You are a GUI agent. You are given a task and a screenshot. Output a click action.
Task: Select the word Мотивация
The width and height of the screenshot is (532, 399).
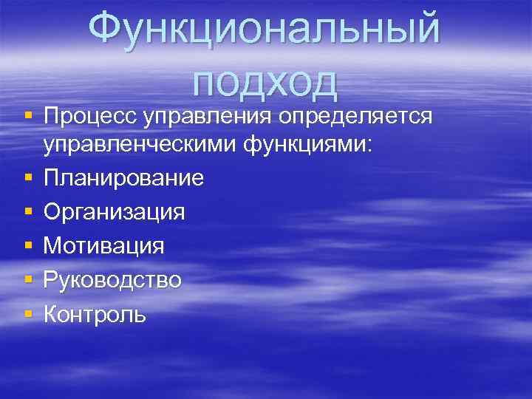coord(104,246)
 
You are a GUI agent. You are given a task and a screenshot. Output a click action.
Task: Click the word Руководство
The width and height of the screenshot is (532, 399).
coord(112,280)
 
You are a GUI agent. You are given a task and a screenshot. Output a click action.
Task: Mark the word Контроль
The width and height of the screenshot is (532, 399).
coord(95,314)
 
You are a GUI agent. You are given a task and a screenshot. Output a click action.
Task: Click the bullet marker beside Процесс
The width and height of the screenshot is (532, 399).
coord(28,117)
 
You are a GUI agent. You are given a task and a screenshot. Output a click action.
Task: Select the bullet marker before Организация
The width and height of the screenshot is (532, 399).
coord(28,213)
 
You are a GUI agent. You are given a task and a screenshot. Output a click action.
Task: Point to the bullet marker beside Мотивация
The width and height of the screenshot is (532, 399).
coord(28,246)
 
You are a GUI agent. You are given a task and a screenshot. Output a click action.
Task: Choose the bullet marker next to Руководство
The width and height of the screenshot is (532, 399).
coord(28,280)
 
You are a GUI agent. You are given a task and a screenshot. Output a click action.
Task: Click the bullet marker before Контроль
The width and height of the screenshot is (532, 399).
coord(28,314)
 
